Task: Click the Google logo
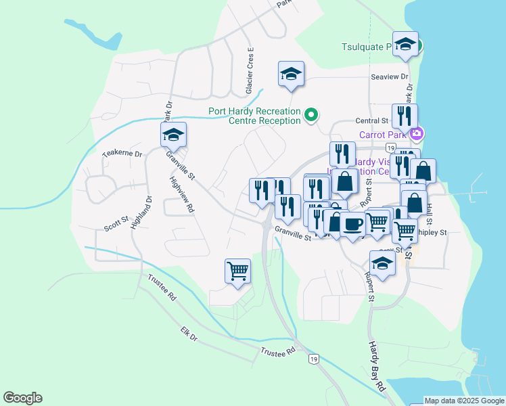tap(23, 398)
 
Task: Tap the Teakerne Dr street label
tap(122, 154)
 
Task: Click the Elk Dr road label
tap(189, 334)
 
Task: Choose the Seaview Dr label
tap(390, 77)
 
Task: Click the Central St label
tap(370, 121)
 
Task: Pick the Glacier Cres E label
tap(250, 71)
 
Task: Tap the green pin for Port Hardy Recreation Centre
tap(311, 115)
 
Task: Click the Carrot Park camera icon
tap(417, 133)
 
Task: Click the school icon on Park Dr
tap(173, 135)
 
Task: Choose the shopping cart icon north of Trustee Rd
tap(237, 271)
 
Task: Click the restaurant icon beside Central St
tap(405, 116)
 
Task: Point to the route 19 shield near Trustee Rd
tap(313, 358)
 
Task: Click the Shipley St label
tap(434, 232)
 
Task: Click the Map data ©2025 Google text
tap(463, 401)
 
